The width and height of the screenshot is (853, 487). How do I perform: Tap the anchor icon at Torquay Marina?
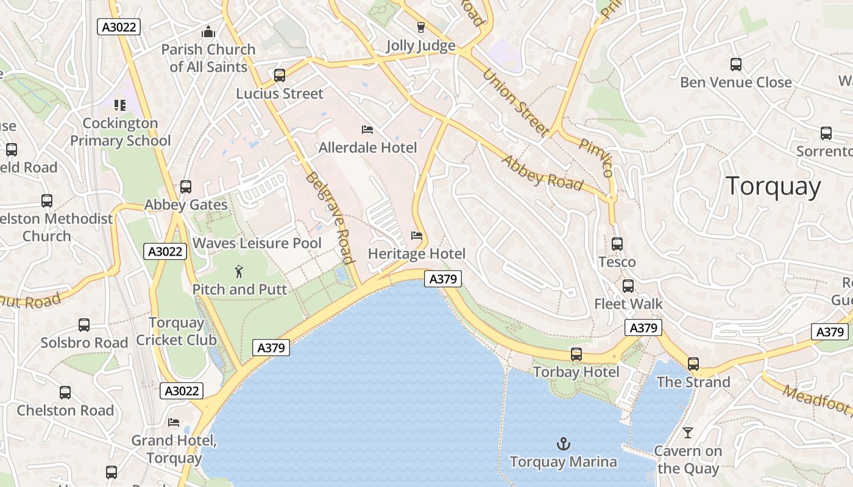click(564, 443)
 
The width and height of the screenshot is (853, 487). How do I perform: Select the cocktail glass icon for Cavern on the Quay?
click(688, 433)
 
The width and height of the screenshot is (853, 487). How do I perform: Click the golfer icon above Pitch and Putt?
click(239, 271)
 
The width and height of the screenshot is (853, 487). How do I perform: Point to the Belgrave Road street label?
click(329, 217)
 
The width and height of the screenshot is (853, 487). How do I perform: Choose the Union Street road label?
click(515, 102)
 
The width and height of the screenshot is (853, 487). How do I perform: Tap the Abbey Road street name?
click(542, 172)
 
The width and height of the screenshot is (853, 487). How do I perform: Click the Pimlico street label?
click(595, 157)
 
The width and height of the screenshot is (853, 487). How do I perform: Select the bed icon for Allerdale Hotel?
click(367, 129)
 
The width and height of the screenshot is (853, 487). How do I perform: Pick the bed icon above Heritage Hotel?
click(417, 236)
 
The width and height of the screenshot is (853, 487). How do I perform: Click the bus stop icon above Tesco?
click(617, 244)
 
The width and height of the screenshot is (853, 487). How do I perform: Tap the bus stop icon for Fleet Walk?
click(628, 286)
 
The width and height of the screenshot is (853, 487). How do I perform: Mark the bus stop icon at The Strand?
click(693, 364)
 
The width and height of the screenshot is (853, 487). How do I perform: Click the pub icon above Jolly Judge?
click(420, 27)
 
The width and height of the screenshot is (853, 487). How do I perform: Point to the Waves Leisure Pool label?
click(257, 243)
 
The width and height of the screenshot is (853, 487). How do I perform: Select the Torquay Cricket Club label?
click(176, 331)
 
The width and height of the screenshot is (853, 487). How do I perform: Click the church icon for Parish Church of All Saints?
click(208, 31)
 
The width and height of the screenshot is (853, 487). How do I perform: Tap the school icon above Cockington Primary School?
click(120, 105)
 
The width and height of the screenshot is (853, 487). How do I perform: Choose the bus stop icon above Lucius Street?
click(280, 75)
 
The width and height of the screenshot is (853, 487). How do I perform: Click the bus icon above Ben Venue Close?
click(736, 64)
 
